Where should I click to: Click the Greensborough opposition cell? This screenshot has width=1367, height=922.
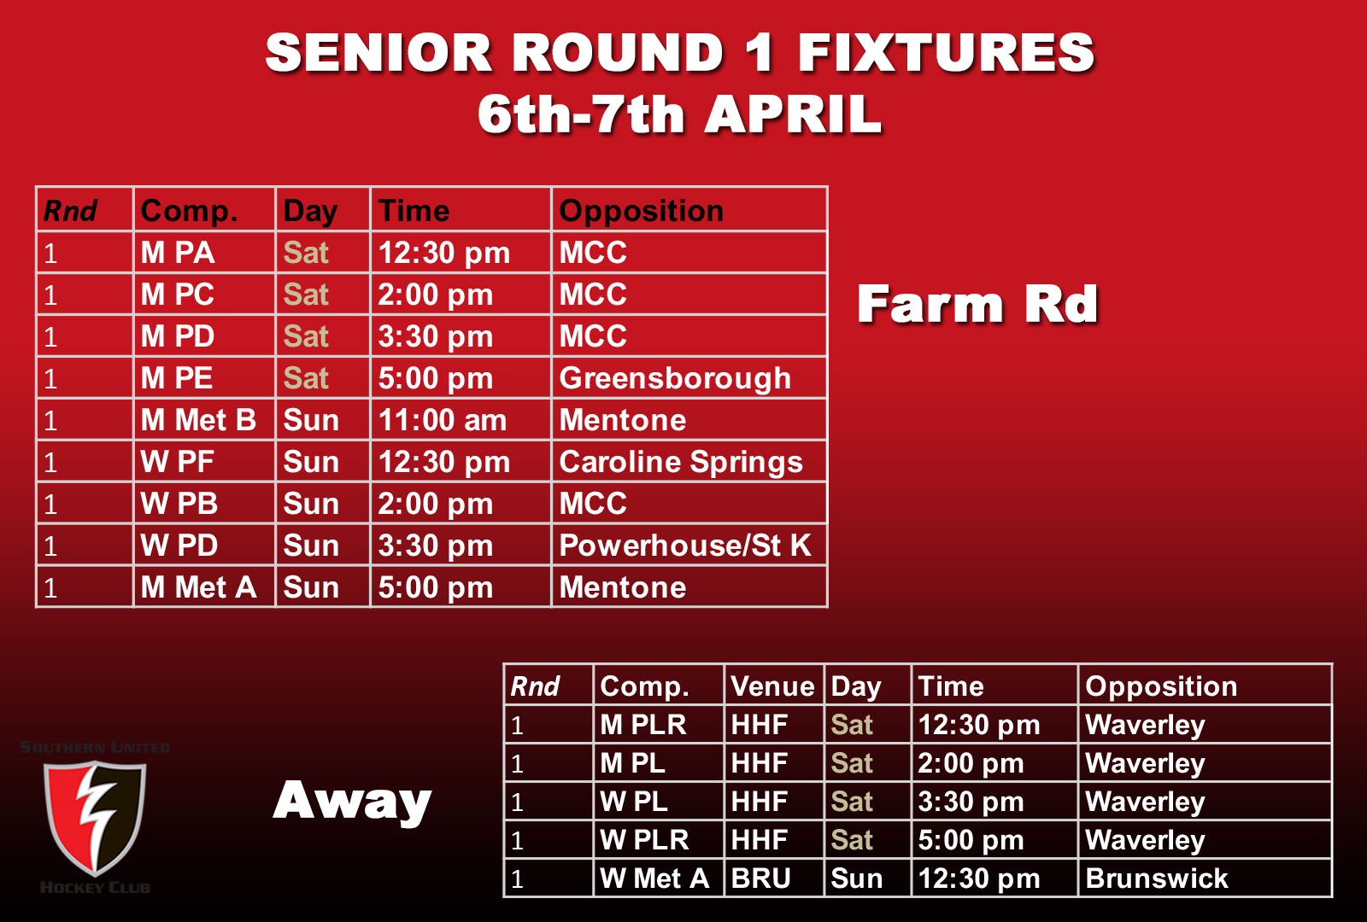coord(675,378)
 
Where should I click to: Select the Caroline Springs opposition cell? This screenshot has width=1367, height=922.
coord(681,462)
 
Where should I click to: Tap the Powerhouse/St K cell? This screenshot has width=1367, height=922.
coord(684,546)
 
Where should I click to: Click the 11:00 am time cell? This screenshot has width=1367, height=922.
coord(443,420)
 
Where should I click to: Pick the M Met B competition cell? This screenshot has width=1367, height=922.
coord(198,420)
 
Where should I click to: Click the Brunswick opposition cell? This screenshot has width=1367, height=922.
coord(1156,878)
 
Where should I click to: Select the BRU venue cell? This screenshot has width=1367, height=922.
coord(761,878)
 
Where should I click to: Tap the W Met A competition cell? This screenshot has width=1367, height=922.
coord(654,878)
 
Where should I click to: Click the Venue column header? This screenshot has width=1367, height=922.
coord(772,686)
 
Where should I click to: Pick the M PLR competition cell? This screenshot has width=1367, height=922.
coord(643,725)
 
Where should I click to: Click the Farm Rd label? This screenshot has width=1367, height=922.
coord(977,305)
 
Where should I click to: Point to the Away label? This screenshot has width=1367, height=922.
coord(352,801)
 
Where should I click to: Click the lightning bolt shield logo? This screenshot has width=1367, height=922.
coord(95,817)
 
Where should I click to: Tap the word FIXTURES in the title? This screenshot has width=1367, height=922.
coord(946,53)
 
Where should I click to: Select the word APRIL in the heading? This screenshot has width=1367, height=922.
coord(793,114)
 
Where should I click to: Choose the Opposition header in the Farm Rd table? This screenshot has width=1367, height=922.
coord(641,211)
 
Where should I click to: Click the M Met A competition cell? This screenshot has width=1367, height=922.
coord(198,587)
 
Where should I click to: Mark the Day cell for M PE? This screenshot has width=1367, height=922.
coord(306,378)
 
